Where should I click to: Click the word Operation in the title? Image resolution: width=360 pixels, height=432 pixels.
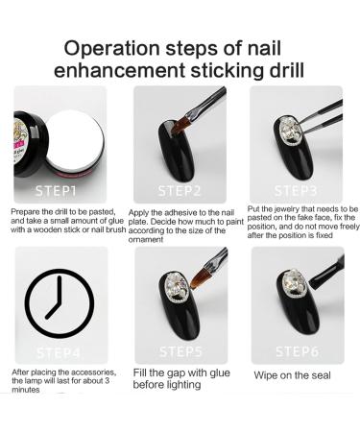pos(112,48)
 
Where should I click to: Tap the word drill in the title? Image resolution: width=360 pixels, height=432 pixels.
pos(286,71)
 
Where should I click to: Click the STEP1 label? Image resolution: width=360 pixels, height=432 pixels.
pos(56,191)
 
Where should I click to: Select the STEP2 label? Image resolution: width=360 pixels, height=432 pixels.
pos(180,191)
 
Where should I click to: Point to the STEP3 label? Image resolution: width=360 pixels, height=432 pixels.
pos(296,191)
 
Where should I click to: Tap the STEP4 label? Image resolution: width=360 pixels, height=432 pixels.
pos(59,353)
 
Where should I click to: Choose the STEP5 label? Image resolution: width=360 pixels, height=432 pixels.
pos(180,351)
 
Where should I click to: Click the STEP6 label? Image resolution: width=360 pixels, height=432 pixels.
pos(298,351)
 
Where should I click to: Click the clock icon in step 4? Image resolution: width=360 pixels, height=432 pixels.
pos(60,303)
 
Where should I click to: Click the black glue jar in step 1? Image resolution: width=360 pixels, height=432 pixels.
pos(30,144)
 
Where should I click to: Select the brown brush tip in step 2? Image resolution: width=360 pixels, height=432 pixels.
pos(180,126)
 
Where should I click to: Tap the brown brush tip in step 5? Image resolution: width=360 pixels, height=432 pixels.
pos(199,278)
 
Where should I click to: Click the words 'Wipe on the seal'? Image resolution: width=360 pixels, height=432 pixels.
pos(292,375)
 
